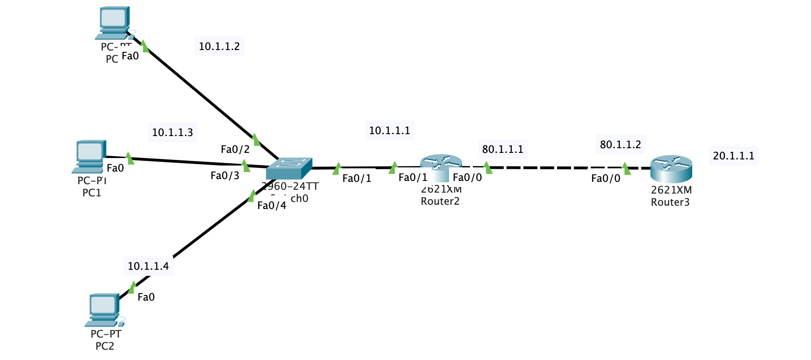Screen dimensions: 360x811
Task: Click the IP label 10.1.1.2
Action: point(219,46)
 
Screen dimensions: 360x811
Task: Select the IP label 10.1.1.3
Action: point(172,132)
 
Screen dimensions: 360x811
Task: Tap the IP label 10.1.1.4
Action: point(148,266)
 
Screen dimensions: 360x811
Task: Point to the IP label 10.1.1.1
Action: point(389,130)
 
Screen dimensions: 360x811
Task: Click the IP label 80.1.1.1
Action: point(502,149)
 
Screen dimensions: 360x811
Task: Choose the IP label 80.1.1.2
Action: point(620,144)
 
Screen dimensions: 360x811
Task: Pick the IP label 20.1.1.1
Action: point(733,156)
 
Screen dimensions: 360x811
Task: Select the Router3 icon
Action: point(671,169)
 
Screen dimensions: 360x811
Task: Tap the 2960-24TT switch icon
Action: point(289,168)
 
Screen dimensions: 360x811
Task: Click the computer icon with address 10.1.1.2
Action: point(114,22)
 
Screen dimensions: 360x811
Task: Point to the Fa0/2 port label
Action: point(235,150)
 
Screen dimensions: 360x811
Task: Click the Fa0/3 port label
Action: point(224,176)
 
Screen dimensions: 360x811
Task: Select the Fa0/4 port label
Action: point(271,206)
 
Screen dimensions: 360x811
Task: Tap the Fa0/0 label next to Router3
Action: point(605,179)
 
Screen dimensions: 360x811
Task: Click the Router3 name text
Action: point(670,202)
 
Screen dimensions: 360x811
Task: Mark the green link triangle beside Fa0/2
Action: point(255,139)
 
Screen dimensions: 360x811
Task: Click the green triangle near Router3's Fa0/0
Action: point(626,168)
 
